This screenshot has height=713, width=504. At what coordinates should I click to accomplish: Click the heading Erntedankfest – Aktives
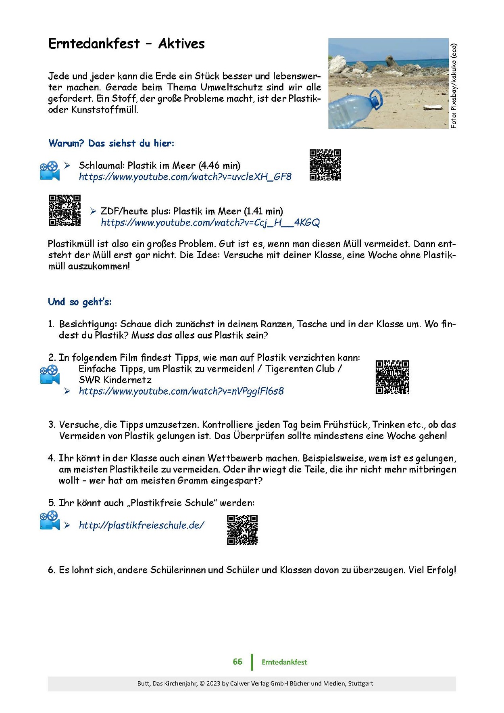point(126,44)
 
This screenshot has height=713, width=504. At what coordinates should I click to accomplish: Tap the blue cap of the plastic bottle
point(376,99)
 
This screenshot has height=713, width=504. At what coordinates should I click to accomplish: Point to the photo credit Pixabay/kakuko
point(454,86)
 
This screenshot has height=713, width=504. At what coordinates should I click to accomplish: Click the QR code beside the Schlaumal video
point(325,165)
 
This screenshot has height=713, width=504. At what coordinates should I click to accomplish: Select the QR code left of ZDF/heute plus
point(65,210)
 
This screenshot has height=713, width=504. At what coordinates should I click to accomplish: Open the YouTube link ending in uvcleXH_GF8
point(185,177)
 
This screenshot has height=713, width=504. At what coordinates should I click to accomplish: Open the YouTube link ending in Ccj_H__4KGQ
point(210,223)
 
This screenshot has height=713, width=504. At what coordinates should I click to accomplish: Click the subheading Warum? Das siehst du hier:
point(111,143)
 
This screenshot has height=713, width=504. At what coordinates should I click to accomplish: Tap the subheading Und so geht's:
point(80,302)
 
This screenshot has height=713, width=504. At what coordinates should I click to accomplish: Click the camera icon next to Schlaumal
point(50,171)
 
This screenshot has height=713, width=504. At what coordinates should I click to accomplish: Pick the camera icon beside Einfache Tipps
point(50,374)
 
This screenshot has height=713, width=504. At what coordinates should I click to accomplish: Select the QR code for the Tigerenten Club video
point(392,377)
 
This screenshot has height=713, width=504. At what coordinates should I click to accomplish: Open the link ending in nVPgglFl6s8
point(181,391)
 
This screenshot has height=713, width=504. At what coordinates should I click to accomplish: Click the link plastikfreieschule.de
point(142,525)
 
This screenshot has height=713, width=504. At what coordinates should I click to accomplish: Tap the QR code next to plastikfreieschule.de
point(242,530)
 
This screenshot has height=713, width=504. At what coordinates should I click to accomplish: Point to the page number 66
point(237,662)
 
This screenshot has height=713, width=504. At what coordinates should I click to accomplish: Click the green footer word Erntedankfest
point(284,662)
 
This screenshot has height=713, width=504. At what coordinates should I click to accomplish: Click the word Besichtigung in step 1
point(88,324)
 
